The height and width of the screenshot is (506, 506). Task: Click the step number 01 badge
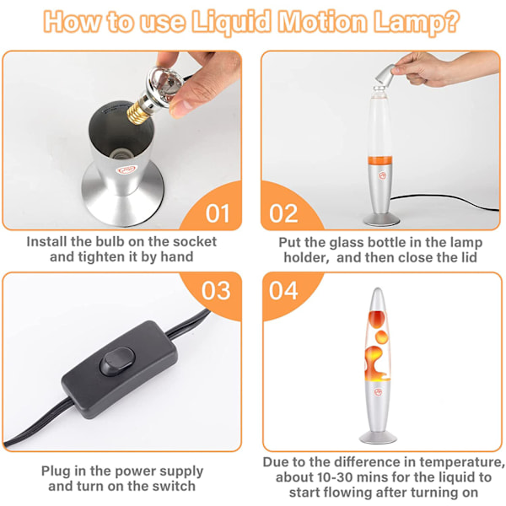(218, 213)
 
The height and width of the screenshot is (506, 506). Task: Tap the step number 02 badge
(283, 213)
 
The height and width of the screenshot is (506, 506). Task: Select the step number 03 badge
(216, 291)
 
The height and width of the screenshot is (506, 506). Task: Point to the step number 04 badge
(283, 291)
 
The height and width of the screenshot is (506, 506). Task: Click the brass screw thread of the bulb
(137, 113)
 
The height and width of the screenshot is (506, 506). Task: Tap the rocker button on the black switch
(117, 362)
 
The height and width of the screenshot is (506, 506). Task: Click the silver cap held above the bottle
(385, 75)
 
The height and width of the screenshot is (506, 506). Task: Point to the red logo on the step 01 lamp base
(127, 170)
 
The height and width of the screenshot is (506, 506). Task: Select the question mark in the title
(450, 21)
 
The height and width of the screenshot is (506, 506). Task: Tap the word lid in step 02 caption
(469, 257)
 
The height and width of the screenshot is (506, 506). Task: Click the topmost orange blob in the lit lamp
(377, 319)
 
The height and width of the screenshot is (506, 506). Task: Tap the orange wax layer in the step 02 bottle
(380, 160)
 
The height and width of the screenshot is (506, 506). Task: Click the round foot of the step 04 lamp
(378, 438)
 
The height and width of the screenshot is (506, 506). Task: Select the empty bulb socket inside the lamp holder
(120, 154)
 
